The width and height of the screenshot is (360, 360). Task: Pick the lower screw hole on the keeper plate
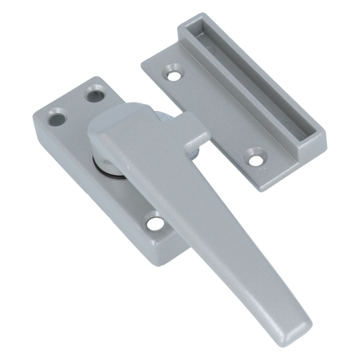(x=255, y=156)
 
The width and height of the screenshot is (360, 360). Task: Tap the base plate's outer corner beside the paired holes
(x=36, y=117)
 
